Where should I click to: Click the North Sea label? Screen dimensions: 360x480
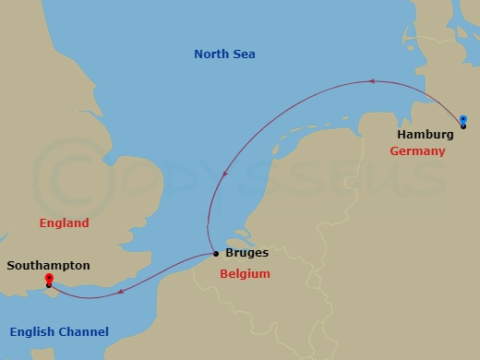(224, 54)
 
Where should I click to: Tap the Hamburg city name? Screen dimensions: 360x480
(426, 134)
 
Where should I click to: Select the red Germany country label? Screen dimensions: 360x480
(417, 150)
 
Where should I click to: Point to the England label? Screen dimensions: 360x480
(64, 223)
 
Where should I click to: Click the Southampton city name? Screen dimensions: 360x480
(48, 265)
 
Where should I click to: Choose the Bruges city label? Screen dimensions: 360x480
(246, 252)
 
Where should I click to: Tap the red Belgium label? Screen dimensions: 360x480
(245, 274)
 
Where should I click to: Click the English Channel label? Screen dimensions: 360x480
(59, 332)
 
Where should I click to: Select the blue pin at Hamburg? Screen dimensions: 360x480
(463, 119)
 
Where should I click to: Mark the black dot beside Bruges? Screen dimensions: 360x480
(215, 252)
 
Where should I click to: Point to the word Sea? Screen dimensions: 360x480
(243, 54)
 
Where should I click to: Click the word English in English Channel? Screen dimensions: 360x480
(32, 332)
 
